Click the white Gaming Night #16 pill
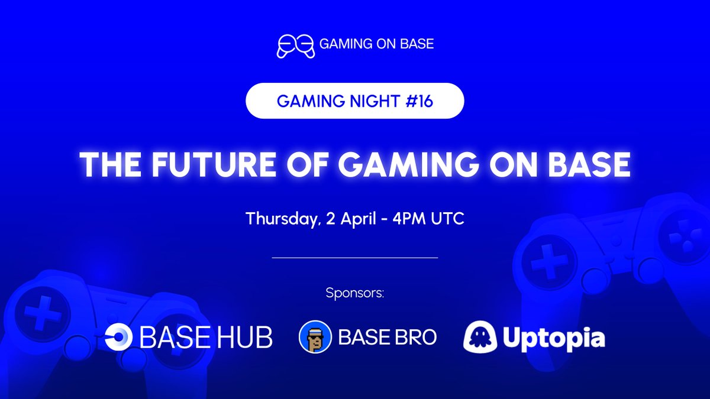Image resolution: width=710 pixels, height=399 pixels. tap(355, 102)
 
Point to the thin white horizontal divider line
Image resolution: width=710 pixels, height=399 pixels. tap(355, 258)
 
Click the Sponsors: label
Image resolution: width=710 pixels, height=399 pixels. tap(355, 293)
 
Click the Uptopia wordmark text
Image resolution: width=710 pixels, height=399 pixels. tap(553, 339)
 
